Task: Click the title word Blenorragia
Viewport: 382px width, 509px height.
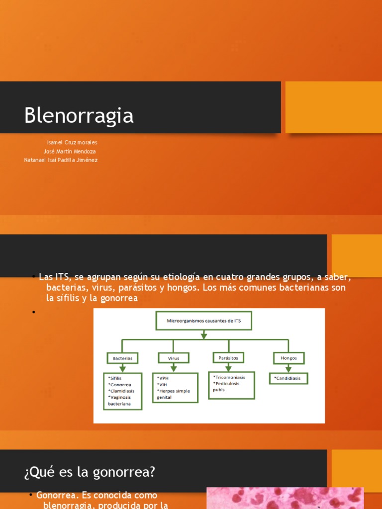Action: pyautogui.click(x=79, y=116)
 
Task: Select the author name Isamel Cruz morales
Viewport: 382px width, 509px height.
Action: pyautogui.click(x=72, y=143)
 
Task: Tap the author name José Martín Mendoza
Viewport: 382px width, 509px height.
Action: pyautogui.click(x=70, y=151)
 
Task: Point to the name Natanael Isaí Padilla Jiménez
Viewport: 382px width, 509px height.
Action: pyautogui.click(x=61, y=160)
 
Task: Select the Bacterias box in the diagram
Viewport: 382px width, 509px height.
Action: pyautogui.click(x=122, y=358)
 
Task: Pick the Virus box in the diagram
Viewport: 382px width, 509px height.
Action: pyautogui.click(x=174, y=358)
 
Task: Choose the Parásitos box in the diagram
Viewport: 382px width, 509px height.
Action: pyautogui.click(x=228, y=357)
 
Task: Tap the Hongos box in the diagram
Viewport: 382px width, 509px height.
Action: pyautogui.click(x=288, y=358)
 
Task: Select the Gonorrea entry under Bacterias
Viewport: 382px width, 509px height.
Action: pyautogui.click(x=121, y=384)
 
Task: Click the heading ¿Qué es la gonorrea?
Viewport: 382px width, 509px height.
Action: pyautogui.click(x=90, y=472)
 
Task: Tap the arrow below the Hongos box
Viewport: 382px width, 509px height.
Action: pyautogui.click(x=288, y=368)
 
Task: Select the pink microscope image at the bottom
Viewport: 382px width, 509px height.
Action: pyautogui.click(x=285, y=498)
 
